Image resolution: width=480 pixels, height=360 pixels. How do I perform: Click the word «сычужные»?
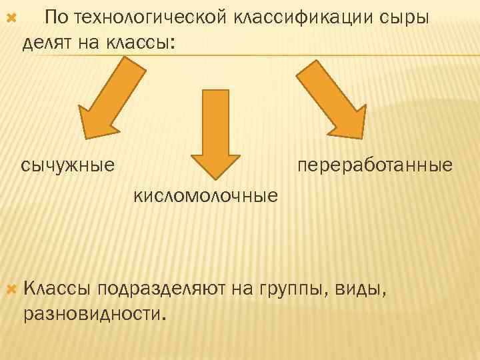67,164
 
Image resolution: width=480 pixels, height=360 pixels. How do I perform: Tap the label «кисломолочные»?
206,196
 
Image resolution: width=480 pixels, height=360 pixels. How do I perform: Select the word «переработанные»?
375,164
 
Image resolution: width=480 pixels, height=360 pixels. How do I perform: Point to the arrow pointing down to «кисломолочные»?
215,133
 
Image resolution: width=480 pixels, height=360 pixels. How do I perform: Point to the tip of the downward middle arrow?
215,179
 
